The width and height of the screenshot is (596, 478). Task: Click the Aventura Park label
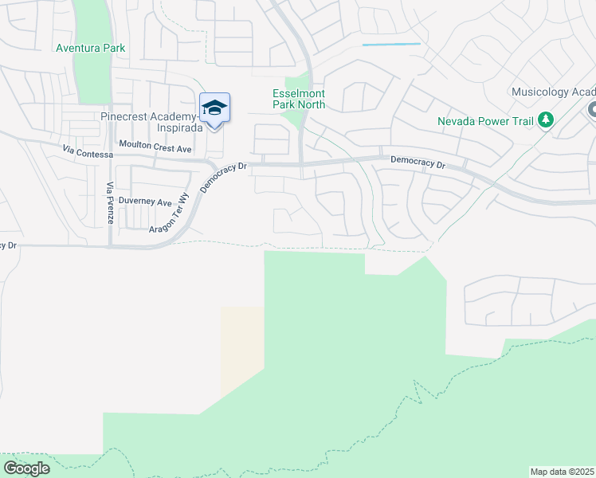[x=91, y=48]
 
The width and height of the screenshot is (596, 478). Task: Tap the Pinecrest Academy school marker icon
[x=214, y=108]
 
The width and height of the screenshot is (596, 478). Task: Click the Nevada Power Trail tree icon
[x=546, y=120]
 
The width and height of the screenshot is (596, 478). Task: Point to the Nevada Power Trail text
[x=486, y=121]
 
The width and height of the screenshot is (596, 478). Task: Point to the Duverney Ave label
[x=146, y=202]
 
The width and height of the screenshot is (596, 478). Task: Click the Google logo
[x=26, y=468]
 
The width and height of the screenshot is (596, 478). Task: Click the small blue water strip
[x=391, y=45]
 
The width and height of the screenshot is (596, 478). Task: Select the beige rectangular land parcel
[x=241, y=351]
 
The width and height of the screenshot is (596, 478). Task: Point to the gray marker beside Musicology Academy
[x=592, y=111]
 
